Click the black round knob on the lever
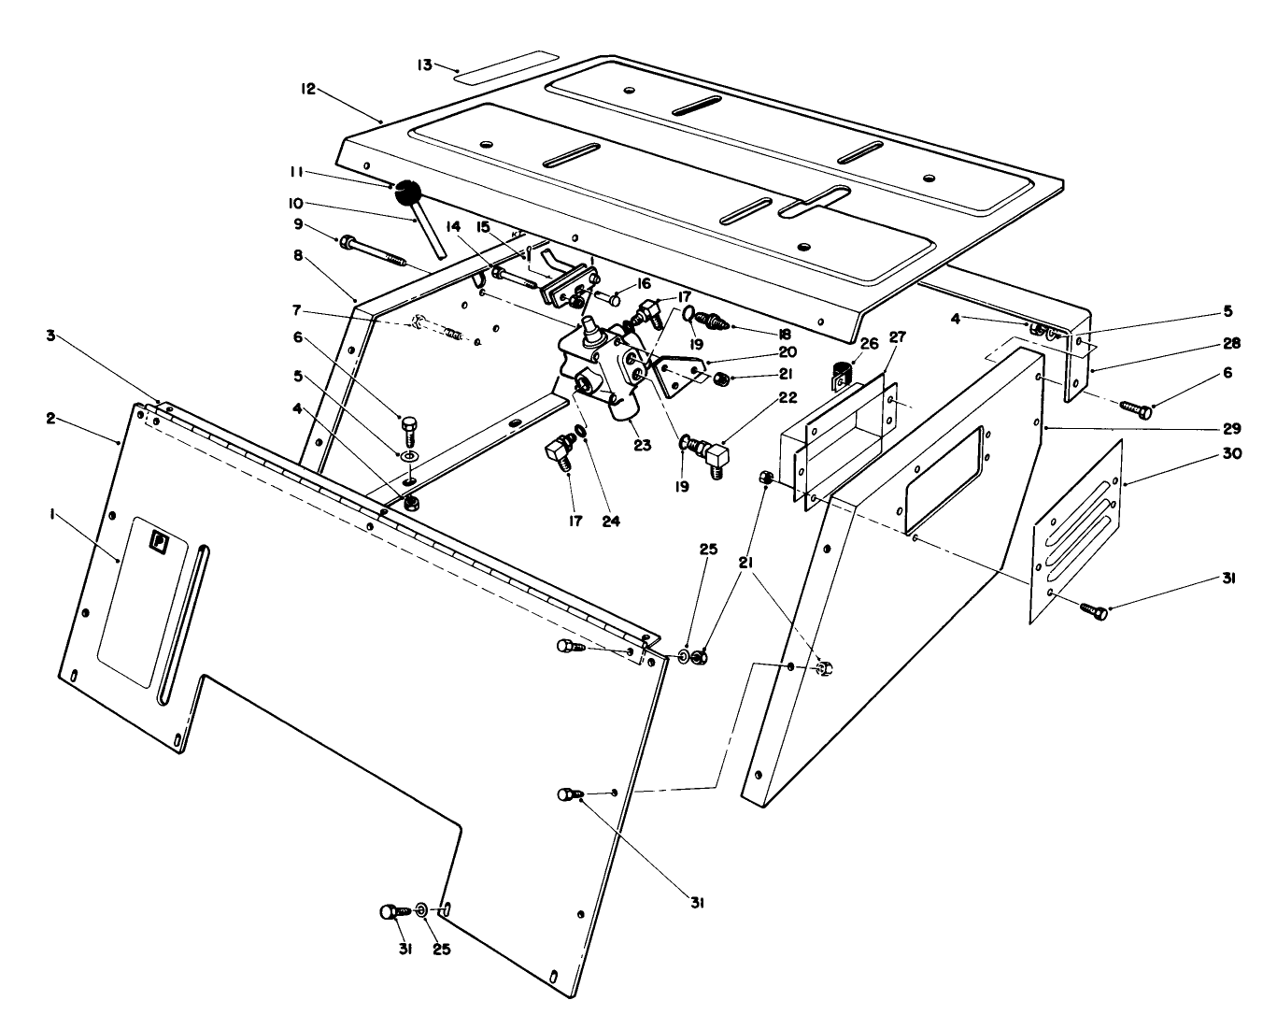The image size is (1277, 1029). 407,193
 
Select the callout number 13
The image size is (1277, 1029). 425,64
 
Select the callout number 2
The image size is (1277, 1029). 50,418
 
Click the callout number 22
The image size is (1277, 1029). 787,397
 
